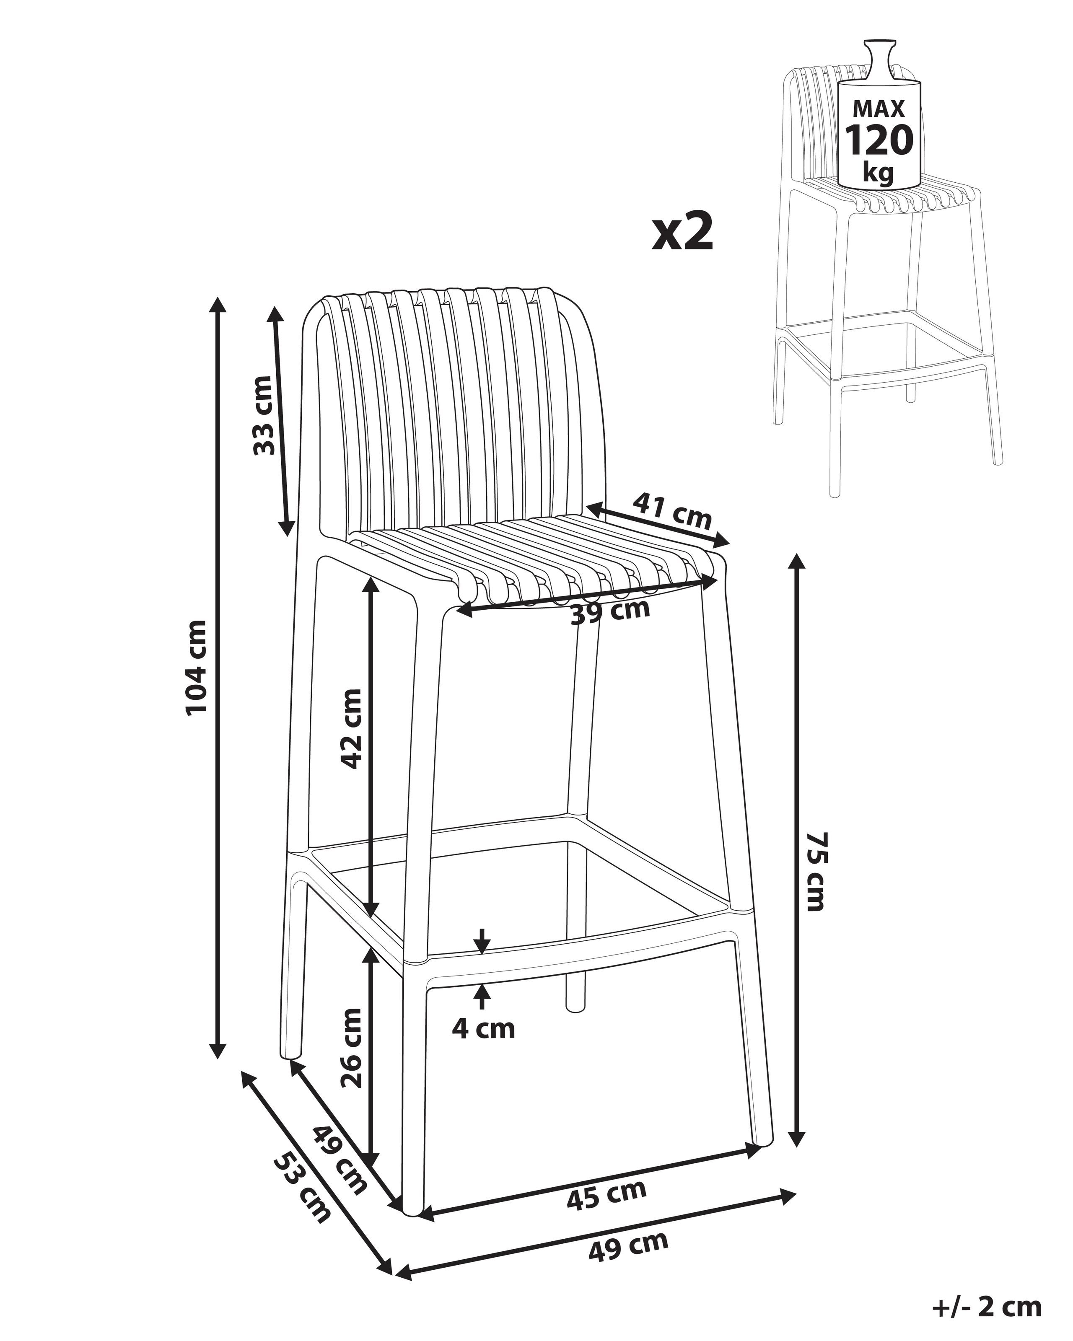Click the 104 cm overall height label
click(x=197, y=668)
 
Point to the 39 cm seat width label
click(x=610, y=612)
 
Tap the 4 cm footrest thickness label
click(x=483, y=1029)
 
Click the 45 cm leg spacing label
click(x=606, y=1195)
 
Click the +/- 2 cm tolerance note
click(x=987, y=1306)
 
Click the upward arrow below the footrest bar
click(x=481, y=996)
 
